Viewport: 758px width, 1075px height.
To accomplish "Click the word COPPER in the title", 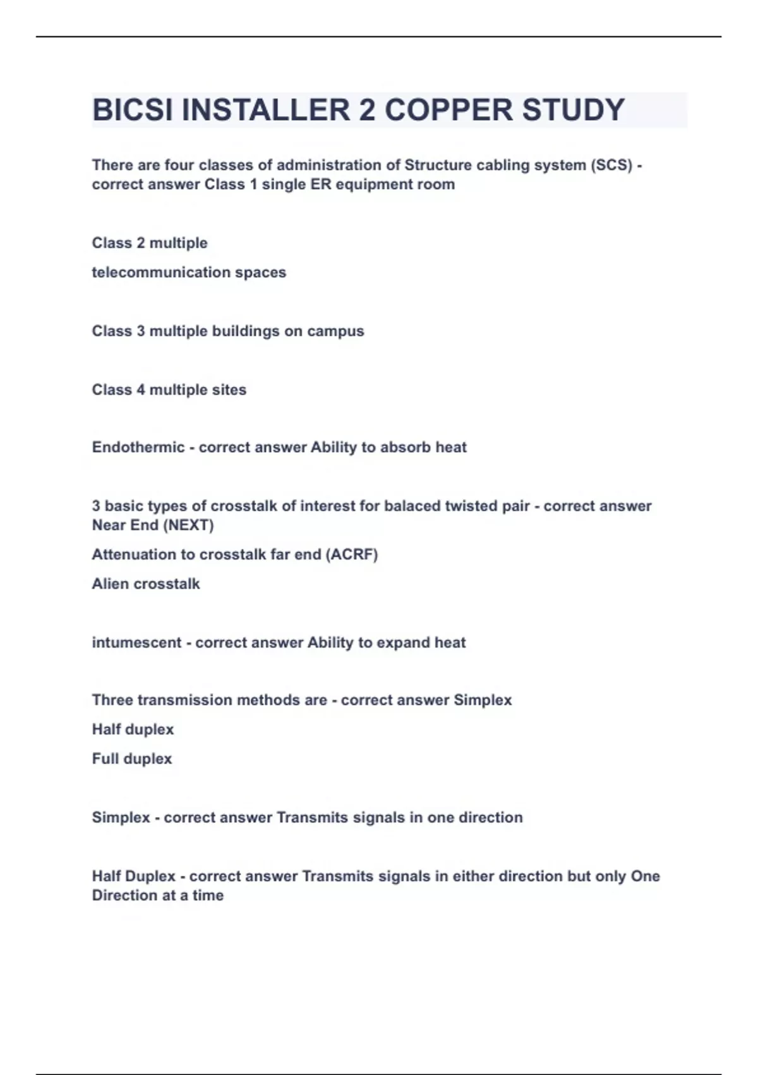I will coord(440,110).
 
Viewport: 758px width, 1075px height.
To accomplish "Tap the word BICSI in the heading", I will coord(132,110).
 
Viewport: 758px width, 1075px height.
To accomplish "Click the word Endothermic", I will coord(138,448).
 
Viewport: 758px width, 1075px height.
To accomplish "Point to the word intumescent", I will coord(136,643).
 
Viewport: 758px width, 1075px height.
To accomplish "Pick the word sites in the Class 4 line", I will coord(229,390).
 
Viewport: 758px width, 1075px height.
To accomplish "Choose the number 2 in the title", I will coord(367,110).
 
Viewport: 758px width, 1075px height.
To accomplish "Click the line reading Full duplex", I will coord(132,759).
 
